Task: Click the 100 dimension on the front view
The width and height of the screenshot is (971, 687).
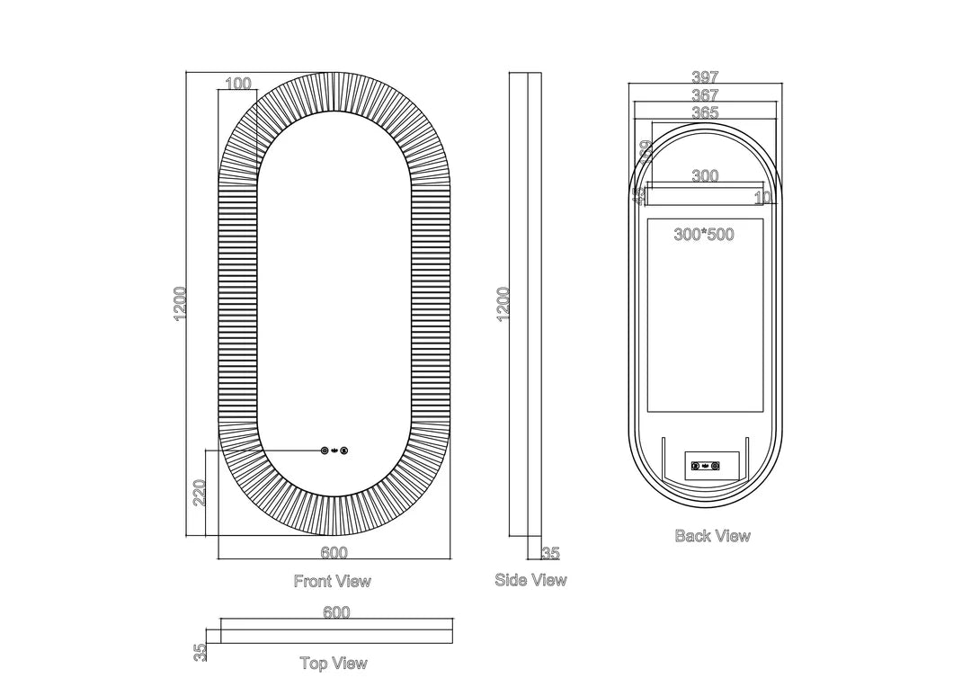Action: point(237,84)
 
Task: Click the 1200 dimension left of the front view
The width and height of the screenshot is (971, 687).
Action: point(181,304)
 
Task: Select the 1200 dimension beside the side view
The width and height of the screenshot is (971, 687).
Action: point(503,304)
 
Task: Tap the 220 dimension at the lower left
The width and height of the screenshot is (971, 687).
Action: point(200,492)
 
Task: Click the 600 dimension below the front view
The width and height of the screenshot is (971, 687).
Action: point(334,553)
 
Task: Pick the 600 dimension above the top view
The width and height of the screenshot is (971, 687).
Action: point(335,612)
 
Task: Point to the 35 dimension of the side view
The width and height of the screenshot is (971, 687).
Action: point(550,553)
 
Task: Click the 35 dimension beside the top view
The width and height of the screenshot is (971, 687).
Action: point(200,652)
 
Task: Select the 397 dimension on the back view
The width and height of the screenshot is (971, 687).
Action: point(705,78)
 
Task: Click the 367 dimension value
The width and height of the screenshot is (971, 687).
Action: point(705,95)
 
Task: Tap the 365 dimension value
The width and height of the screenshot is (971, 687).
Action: point(705,112)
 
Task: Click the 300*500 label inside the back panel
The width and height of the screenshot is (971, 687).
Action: point(704,235)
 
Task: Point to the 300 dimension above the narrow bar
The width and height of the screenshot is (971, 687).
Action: point(705,176)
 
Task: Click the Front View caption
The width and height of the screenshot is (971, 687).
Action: point(332,581)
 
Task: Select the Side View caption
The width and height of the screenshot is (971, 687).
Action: point(530,580)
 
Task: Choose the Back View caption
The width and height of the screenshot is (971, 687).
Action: point(712,536)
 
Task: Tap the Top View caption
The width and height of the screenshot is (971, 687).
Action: point(334,664)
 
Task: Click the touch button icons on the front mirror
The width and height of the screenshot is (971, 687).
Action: point(334,451)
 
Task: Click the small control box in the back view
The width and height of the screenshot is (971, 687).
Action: point(711,465)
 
